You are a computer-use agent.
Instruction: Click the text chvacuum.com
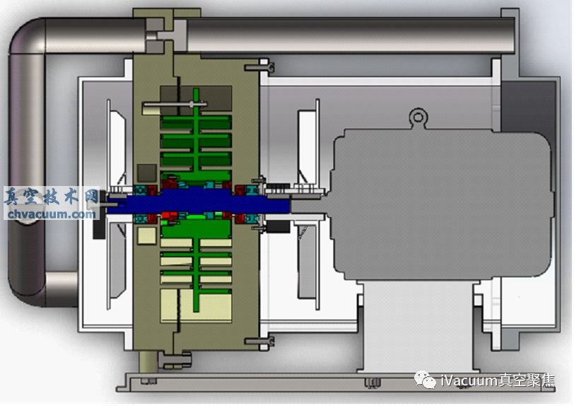pos(52,214)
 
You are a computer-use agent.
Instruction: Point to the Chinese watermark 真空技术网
pos(52,197)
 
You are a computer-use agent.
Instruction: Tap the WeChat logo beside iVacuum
pos(426,380)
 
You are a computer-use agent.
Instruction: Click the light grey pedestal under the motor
pos(417,326)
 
